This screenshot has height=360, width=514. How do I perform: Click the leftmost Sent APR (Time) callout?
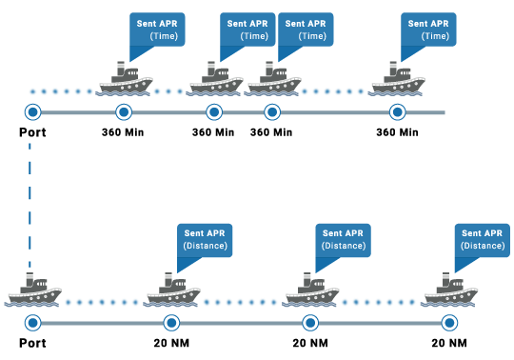tap(157, 29)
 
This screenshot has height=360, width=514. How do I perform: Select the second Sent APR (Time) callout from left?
tap(247, 29)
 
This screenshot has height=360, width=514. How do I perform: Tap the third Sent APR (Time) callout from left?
tap(306, 29)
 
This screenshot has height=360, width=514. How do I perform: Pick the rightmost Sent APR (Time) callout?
tap(428, 29)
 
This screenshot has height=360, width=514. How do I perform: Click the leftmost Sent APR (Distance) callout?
tap(205, 239)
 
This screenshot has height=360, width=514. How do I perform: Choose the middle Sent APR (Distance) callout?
tap(343, 239)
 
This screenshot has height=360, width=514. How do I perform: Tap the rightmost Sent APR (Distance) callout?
tap(482, 239)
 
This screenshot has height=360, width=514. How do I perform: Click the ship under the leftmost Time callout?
tap(126, 80)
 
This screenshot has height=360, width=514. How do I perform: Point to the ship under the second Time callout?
tap(216, 80)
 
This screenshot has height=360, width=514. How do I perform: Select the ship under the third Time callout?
tap(274, 80)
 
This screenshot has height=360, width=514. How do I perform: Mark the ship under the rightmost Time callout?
tap(397, 80)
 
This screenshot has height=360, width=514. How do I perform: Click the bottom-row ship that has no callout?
tap(34, 290)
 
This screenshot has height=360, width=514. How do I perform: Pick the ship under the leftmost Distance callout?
tap(172, 290)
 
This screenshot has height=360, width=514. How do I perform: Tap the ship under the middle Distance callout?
tap(311, 290)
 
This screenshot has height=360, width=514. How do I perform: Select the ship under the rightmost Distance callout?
tap(450, 290)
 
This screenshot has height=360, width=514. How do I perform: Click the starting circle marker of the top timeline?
tap(33, 112)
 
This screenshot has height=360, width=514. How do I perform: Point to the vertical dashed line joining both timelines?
tap(30, 205)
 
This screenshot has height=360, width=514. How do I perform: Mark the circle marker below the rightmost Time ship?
tap(398, 112)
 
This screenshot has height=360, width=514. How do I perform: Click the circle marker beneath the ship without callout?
tap(33, 323)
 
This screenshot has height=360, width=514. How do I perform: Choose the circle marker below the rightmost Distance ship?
tap(449, 323)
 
